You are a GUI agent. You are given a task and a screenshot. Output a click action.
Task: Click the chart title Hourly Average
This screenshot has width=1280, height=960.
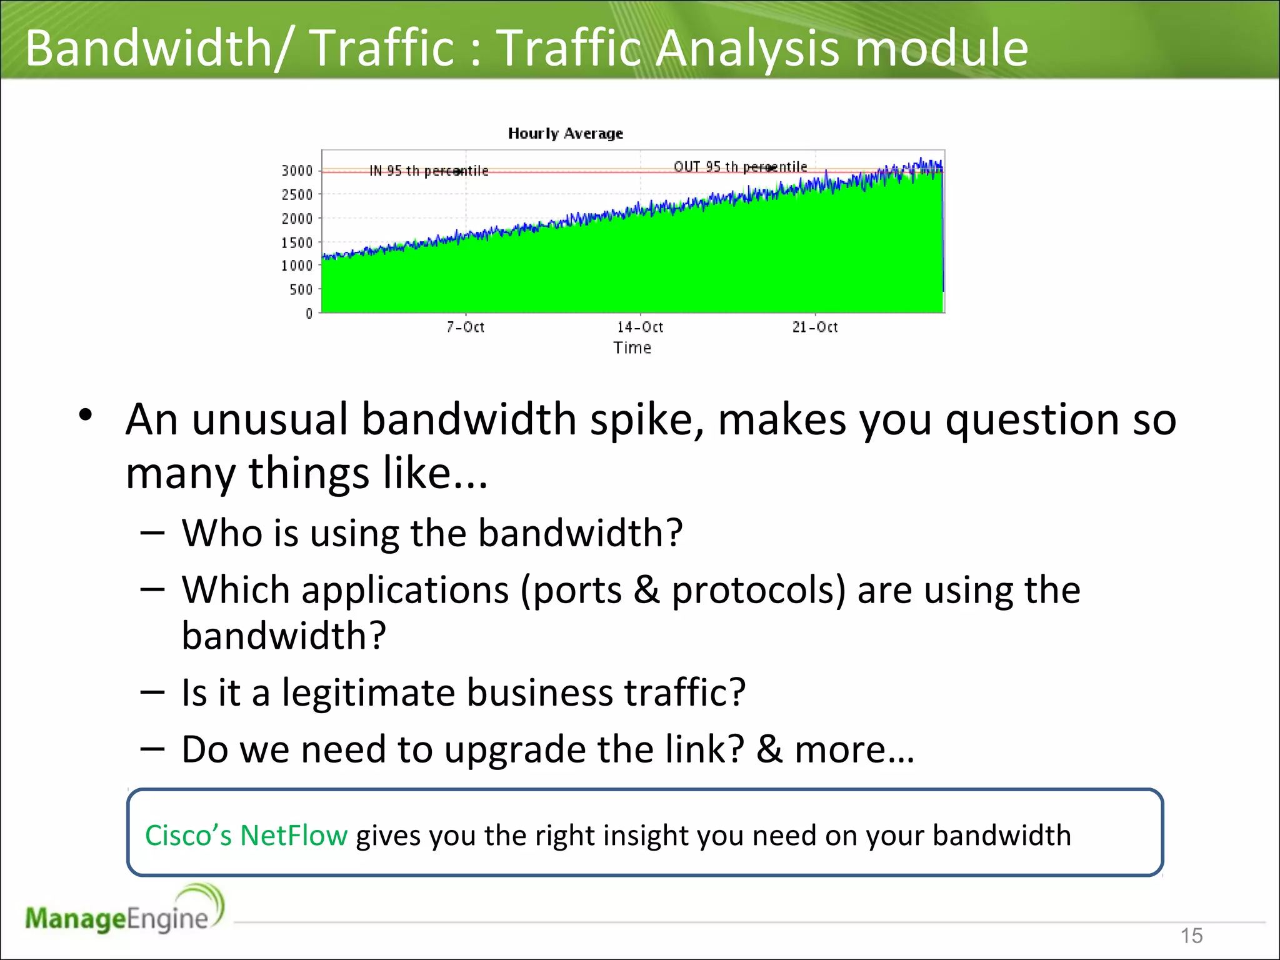point(565,133)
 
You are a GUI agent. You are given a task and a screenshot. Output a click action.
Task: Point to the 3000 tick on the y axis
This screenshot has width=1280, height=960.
point(297,171)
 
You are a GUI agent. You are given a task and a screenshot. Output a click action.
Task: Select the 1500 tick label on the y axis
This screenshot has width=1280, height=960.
point(297,242)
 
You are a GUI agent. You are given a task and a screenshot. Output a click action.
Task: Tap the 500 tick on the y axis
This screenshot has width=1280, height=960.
point(301,289)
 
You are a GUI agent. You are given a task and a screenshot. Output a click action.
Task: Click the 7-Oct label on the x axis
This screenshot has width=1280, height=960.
point(465,327)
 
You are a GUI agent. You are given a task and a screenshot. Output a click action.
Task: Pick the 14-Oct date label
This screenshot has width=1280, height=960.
point(640,327)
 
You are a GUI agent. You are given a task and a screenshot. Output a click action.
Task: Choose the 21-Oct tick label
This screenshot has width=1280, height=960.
point(814,327)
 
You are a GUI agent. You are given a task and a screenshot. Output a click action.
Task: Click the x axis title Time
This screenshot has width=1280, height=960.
point(632,348)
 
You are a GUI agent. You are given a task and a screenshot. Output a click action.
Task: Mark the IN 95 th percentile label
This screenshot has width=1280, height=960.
point(429,171)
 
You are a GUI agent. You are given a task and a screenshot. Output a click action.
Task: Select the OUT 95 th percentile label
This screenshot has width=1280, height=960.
point(740,167)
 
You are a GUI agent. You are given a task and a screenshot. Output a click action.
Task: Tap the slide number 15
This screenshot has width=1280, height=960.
point(1191,936)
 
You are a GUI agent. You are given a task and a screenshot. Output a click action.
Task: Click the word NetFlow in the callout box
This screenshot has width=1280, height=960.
point(294,836)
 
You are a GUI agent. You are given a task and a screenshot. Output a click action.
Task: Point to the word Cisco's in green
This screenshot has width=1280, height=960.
point(188,836)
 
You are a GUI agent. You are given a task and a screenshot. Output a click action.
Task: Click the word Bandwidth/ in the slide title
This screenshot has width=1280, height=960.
point(157,48)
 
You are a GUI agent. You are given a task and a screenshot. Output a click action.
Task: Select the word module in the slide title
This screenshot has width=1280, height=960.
point(941,48)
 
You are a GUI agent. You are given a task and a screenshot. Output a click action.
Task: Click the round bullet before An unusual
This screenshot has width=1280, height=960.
point(86,415)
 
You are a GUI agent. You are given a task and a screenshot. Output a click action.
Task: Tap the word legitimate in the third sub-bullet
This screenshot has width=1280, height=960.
point(368,692)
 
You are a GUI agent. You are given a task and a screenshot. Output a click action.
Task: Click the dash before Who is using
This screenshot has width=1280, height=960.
point(152,532)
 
